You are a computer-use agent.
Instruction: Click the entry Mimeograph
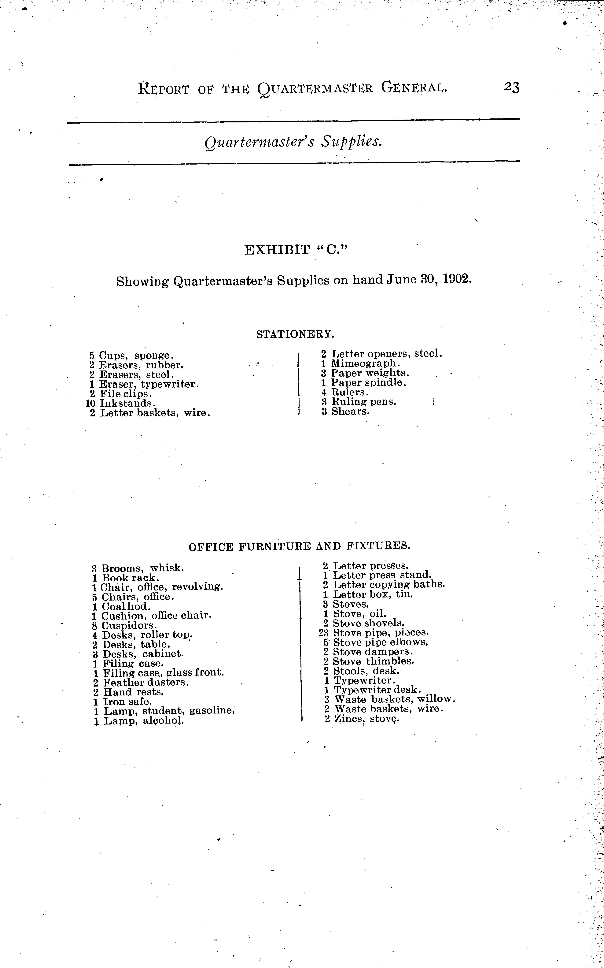point(365,363)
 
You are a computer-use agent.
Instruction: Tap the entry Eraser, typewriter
point(149,384)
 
